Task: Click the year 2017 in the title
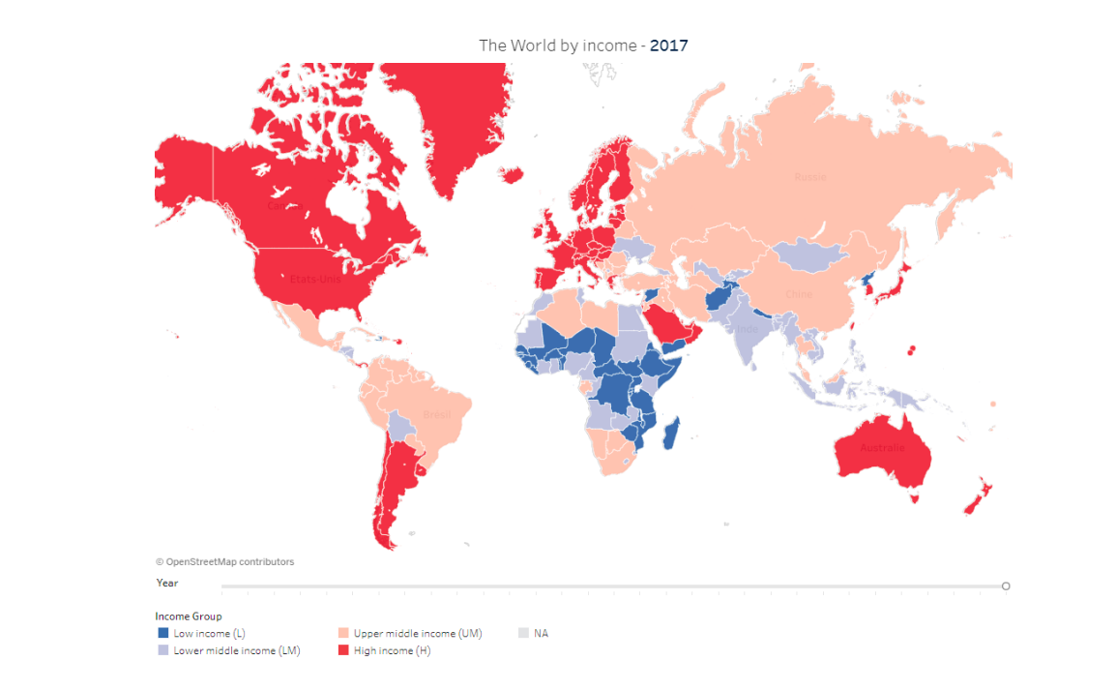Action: point(668,45)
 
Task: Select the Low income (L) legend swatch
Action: point(162,633)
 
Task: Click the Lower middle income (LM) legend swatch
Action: point(162,650)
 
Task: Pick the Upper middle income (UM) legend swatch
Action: point(342,633)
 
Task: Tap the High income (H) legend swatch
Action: point(342,650)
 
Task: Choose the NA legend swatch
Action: point(523,633)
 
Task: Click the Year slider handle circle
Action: point(1006,586)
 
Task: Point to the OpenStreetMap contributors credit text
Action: point(224,561)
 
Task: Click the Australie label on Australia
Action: point(882,448)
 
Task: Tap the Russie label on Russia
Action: point(810,177)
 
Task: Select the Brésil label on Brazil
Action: point(437,415)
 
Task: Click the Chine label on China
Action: point(799,293)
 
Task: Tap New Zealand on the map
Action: point(975,498)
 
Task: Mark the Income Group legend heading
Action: point(189,616)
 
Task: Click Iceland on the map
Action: point(512,175)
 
